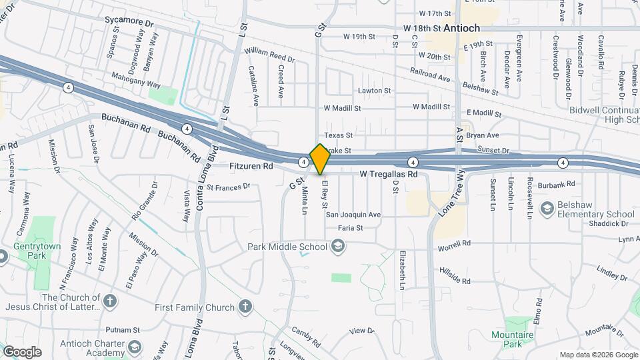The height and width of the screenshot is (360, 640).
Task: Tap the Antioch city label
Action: click(x=461, y=29)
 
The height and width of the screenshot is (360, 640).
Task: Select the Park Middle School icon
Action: click(x=338, y=247)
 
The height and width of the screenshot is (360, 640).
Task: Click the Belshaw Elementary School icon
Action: click(x=547, y=209)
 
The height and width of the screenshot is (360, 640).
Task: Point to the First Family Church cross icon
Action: click(x=245, y=307)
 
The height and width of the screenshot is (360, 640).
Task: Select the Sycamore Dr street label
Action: click(x=129, y=21)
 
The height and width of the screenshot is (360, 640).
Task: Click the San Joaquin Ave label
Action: click(x=353, y=215)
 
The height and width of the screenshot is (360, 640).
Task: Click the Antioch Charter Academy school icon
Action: click(x=135, y=347)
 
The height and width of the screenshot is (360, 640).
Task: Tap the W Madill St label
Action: click(x=342, y=107)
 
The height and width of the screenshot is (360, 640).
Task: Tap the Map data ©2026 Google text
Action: click(x=598, y=355)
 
